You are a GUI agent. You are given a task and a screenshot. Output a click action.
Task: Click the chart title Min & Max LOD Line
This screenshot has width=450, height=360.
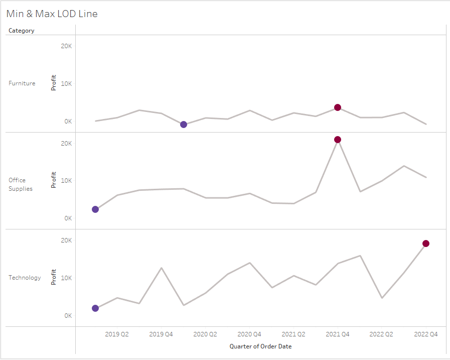pyautogui.click(x=52, y=14)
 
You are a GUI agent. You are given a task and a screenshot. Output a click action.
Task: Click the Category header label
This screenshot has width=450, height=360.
pyautogui.click(x=22, y=31)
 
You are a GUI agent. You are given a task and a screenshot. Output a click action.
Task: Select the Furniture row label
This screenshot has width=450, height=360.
pyautogui.click(x=22, y=83)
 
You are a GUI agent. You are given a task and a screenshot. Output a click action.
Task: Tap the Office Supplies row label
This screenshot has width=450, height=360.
pyautogui.click(x=21, y=184)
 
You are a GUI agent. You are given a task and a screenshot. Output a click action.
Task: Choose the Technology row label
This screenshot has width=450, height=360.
pyautogui.click(x=25, y=278)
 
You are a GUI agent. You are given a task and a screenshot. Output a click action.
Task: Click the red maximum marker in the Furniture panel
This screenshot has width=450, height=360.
pyautogui.click(x=338, y=107)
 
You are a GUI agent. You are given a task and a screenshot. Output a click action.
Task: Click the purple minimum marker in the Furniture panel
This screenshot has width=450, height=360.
pyautogui.click(x=184, y=125)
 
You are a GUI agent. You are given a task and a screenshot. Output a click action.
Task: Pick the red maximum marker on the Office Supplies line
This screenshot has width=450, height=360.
pyautogui.click(x=338, y=140)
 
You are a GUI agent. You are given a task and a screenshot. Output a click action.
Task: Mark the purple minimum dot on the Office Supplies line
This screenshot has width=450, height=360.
pyautogui.click(x=95, y=209)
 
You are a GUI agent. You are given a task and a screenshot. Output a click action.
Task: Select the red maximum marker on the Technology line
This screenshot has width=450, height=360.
pyautogui.click(x=426, y=244)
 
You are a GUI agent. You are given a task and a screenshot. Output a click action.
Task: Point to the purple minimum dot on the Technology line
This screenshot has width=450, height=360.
pyautogui.click(x=95, y=308)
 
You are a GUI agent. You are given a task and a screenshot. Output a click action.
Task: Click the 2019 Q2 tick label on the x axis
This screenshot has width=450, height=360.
pyautogui.click(x=117, y=334)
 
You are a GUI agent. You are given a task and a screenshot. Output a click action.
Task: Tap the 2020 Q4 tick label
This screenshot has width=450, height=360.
pyautogui.click(x=249, y=334)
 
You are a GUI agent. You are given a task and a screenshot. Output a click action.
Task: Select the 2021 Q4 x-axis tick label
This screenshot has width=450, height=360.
pyautogui.click(x=338, y=334)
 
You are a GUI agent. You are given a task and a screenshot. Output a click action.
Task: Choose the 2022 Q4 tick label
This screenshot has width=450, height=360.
pyautogui.click(x=426, y=334)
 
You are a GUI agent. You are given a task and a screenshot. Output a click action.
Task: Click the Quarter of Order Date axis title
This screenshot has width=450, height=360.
pyautogui.click(x=260, y=346)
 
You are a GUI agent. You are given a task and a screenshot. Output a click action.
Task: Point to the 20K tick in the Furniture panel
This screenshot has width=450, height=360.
pyautogui.click(x=66, y=46)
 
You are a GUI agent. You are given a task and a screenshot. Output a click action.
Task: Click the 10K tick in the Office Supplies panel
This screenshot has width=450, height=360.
pyautogui.click(x=66, y=181)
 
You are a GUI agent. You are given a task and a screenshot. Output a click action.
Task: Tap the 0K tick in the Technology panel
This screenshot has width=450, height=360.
pyautogui.click(x=67, y=316)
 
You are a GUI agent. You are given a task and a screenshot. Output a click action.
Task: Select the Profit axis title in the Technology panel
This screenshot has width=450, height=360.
pyautogui.click(x=54, y=277)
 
